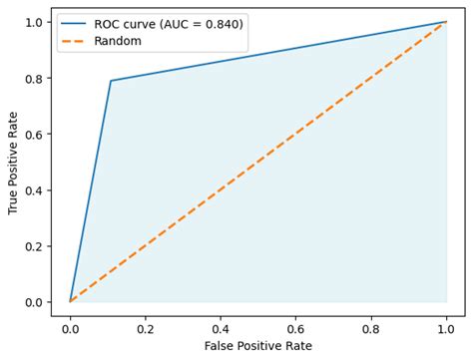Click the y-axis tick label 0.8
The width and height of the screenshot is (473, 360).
click(33, 78)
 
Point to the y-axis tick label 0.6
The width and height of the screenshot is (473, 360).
click(33, 134)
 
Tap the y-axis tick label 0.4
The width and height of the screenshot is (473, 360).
click(33, 189)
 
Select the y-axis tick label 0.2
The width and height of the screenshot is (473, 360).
click(33, 245)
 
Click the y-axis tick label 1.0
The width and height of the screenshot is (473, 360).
click(33, 22)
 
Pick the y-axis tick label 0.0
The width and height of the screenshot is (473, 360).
click(33, 301)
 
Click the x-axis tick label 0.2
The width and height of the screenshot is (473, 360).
click(145, 325)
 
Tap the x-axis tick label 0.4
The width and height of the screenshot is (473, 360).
click(221, 325)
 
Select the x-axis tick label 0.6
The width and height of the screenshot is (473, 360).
click(295, 325)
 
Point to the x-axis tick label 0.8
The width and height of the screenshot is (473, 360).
click(371, 325)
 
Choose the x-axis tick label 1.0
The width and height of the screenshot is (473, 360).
click(446, 325)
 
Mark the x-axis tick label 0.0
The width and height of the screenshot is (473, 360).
click(70, 325)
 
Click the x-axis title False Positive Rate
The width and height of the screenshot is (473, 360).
click(257, 345)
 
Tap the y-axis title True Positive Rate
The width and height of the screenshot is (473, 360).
click(13, 162)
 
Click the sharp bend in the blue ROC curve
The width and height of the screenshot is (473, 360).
click(110, 81)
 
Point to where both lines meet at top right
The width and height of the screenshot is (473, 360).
click(446, 22)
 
